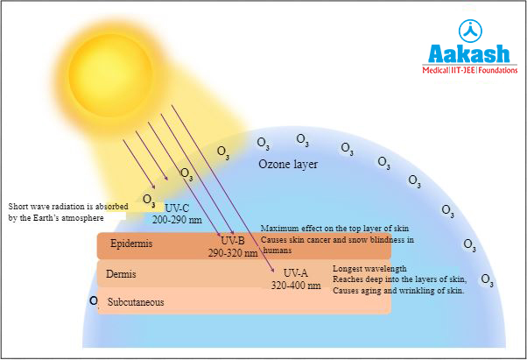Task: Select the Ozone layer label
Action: click(288, 164)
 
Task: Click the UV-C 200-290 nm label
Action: click(177, 213)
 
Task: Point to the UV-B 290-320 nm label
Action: click(232, 246)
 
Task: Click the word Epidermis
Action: click(131, 244)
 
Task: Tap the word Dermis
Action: click(120, 274)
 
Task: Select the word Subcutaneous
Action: click(136, 302)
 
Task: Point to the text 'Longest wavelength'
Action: click(369, 268)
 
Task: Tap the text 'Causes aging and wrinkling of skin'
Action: click(398, 290)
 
